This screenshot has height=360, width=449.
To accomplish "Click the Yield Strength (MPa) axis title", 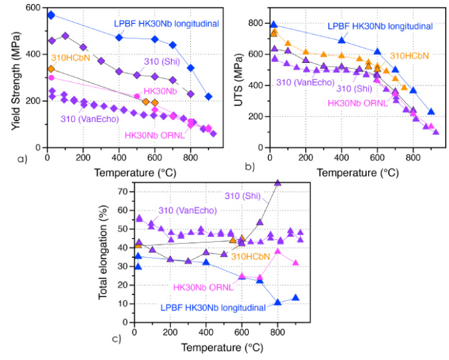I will click(9, 74).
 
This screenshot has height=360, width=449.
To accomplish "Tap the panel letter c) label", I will click(116, 339).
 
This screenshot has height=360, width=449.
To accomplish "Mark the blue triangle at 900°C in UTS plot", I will click(431, 112).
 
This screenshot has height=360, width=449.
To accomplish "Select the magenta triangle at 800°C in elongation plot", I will click(278, 251).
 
